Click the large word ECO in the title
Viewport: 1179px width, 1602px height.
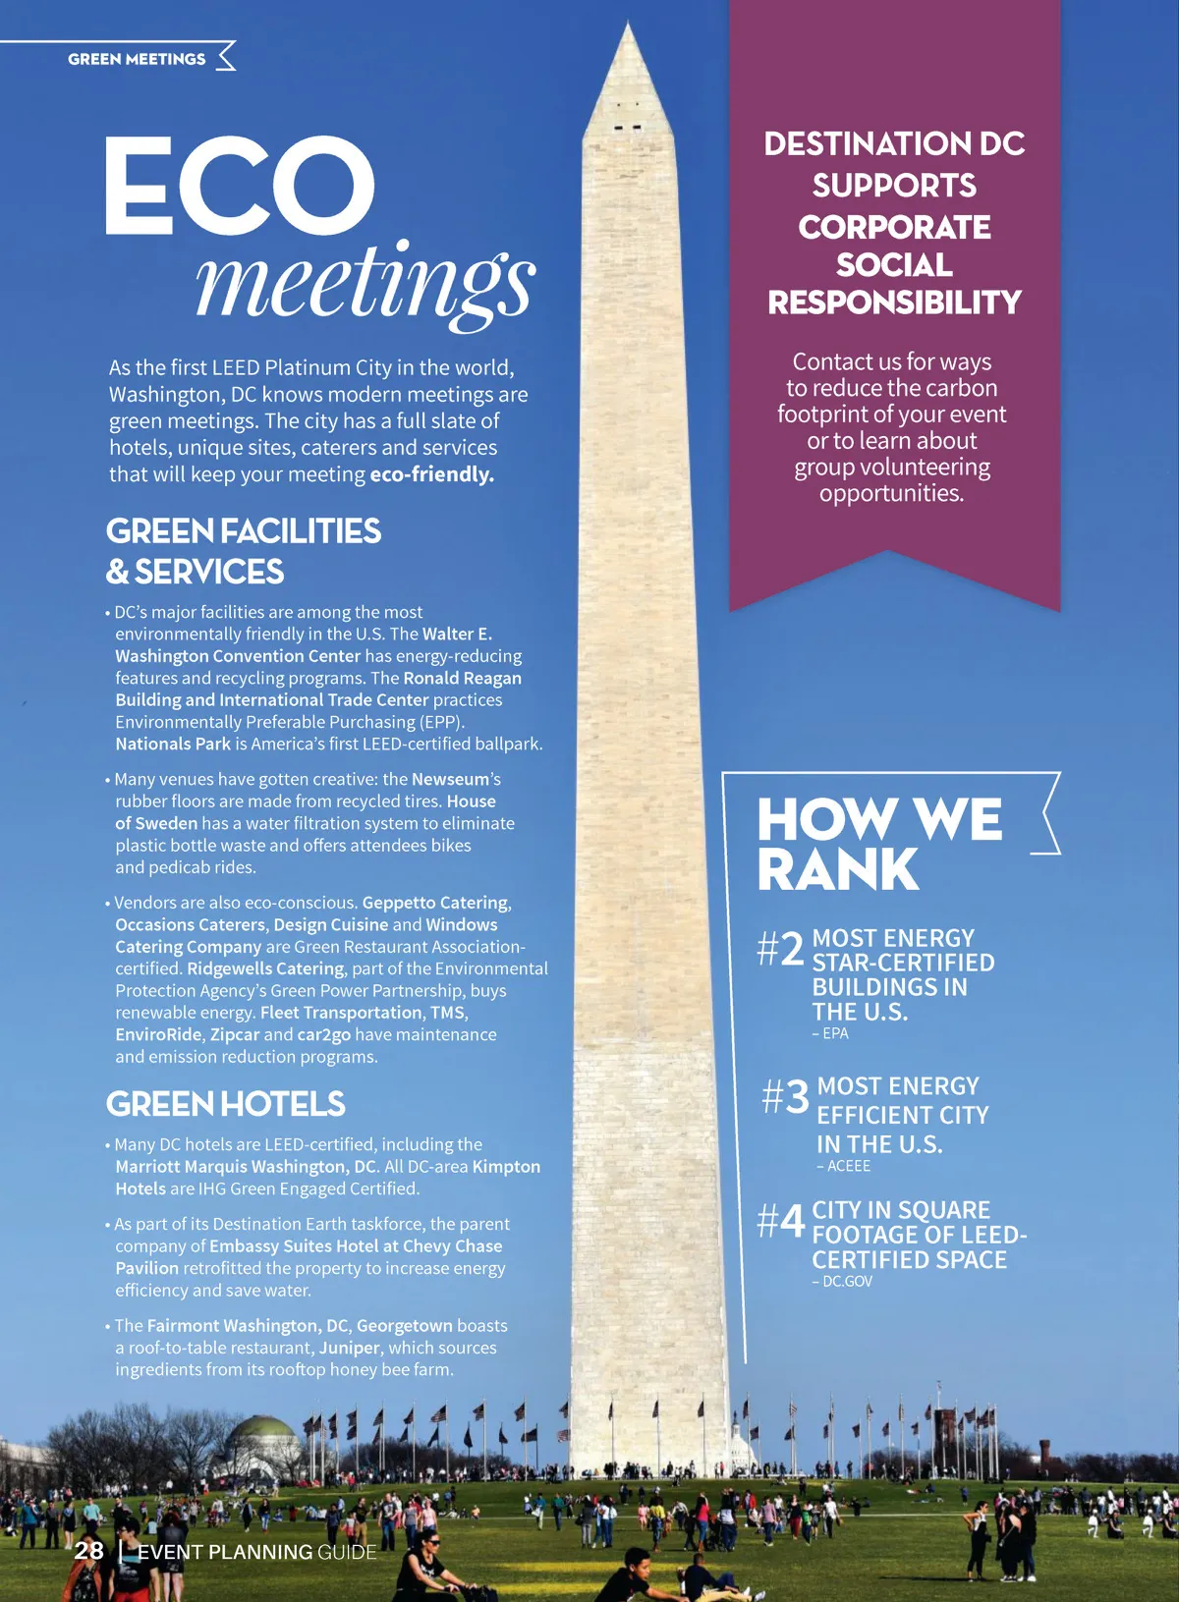tap(239, 186)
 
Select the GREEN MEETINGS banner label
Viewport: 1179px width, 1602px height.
tap(137, 59)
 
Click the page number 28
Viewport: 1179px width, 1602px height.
tap(88, 1551)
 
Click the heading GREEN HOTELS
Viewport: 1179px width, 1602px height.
tap(225, 1104)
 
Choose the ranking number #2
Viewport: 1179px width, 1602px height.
tap(781, 949)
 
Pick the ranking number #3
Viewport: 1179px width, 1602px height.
tap(785, 1096)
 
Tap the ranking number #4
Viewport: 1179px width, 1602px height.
tap(781, 1221)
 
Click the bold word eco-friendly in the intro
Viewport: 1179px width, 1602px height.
tap(431, 474)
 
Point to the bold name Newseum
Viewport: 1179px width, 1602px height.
tap(451, 779)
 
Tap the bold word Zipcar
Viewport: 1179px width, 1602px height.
tap(235, 1034)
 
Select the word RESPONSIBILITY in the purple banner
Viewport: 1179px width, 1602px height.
tap(894, 303)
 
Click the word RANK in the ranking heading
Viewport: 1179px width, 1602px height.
tap(837, 870)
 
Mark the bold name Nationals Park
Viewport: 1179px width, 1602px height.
tap(173, 744)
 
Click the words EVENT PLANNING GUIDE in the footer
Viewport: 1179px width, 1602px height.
tap(256, 1552)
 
